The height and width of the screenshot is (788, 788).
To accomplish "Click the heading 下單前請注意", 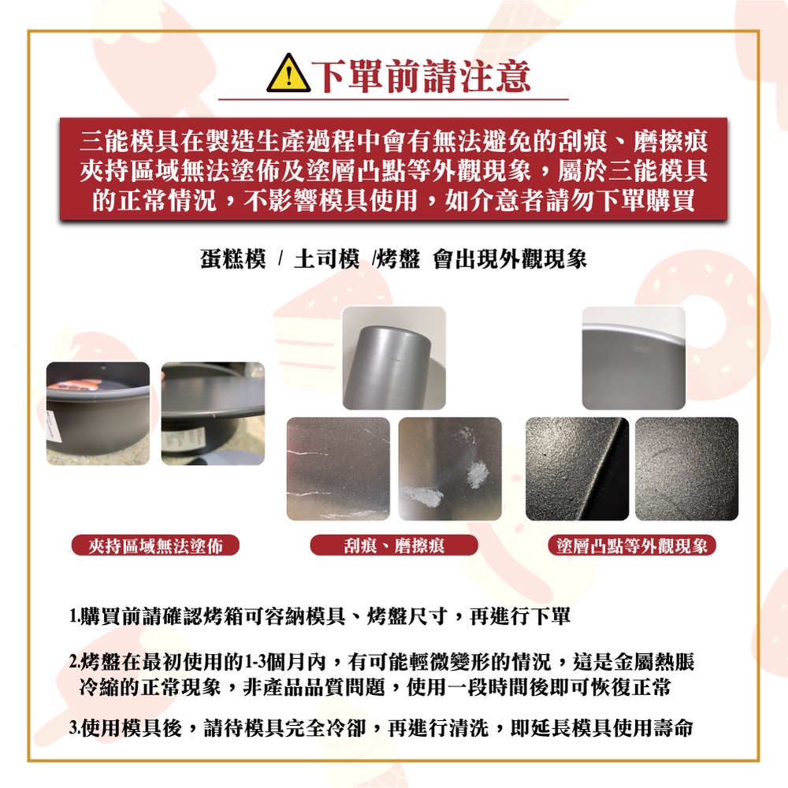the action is tap(421, 76).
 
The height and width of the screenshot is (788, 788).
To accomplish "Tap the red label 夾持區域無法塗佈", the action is tap(155, 545).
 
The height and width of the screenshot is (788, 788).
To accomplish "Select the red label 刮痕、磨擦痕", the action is tap(394, 545).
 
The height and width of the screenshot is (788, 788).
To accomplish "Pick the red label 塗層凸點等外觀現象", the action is tap(632, 545).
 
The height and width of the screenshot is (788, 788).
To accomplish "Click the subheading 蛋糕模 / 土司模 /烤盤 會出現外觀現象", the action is tap(393, 259).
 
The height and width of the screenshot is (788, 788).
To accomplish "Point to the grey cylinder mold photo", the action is tap(394, 358).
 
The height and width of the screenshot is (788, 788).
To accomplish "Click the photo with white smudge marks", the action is tap(450, 469).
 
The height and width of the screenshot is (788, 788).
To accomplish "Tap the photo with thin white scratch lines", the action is tap(338, 469).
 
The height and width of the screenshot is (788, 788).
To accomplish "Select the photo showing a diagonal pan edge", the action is tap(577, 469).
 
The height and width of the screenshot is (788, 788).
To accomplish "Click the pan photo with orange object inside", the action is tap(98, 414).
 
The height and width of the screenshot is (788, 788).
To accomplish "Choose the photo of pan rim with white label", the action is tap(213, 414).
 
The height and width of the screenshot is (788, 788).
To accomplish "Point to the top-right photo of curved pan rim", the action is tap(634, 358).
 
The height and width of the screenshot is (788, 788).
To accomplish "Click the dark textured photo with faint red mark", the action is tap(687, 469).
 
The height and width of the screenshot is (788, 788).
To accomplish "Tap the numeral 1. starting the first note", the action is tap(74, 616).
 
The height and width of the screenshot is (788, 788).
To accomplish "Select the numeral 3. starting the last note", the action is tap(74, 727).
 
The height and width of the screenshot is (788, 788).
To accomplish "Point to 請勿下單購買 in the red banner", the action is tap(620, 200).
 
